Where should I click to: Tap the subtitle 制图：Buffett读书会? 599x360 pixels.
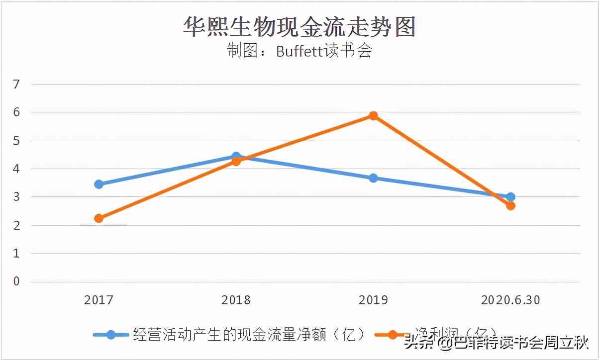pyautogui.click(x=299, y=51)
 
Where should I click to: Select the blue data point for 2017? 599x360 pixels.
pyautogui.click(x=99, y=184)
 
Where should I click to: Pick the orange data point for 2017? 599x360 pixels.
pyautogui.click(x=99, y=218)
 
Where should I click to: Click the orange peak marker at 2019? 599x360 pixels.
pyautogui.click(x=373, y=116)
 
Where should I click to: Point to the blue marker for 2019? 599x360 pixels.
pyautogui.click(x=373, y=178)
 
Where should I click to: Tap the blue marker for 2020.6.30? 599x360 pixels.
pyautogui.click(x=510, y=197)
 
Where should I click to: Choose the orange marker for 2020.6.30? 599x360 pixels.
pyautogui.click(x=510, y=205)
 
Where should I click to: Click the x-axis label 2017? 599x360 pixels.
pyautogui.click(x=99, y=300)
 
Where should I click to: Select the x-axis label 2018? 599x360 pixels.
pyautogui.click(x=236, y=300)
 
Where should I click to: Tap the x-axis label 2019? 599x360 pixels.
pyautogui.click(x=373, y=300)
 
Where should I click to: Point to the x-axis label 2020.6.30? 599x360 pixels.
pyautogui.click(x=510, y=300)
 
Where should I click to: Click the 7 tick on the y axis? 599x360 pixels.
pyautogui.click(x=16, y=84)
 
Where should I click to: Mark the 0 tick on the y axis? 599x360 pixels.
pyautogui.click(x=16, y=281)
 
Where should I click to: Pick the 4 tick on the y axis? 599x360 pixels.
pyautogui.click(x=16, y=169)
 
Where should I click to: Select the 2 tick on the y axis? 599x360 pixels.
pyautogui.click(x=16, y=225)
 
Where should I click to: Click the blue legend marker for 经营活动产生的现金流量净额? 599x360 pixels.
pyautogui.click(x=111, y=335)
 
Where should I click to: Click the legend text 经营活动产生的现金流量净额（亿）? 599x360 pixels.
pyautogui.click(x=249, y=335)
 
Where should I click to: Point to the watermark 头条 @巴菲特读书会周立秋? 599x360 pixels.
pyautogui.click(x=496, y=343)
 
